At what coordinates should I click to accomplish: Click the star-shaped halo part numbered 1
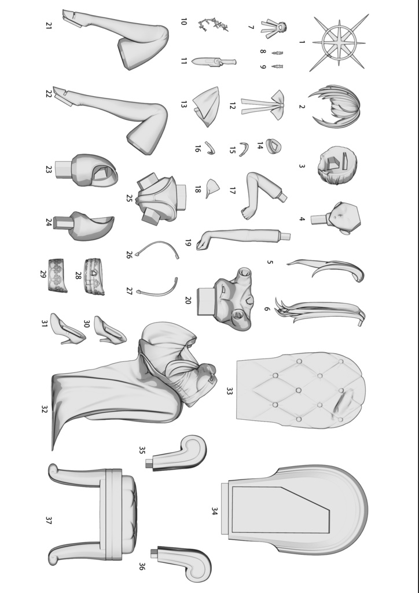click(x=339, y=43)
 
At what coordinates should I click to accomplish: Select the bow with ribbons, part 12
click(x=264, y=105)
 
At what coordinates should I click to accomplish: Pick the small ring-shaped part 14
click(x=274, y=146)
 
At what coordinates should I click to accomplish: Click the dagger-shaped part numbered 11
click(x=214, y=61)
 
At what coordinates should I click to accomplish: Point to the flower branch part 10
click(x=214, y=24)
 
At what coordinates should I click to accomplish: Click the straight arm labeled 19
click(x=243, y=238)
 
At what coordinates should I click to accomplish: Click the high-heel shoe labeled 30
click(x=110, y=330)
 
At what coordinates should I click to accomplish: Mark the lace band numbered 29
click(x=57, y=275)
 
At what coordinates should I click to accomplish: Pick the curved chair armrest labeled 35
click(x=178, y=453)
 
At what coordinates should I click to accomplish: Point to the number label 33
click(x=229, y=391)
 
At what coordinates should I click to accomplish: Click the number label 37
click(x=49, y=521)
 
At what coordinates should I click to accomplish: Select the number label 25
click(x=129, y=198)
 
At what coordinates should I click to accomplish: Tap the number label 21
click(x=48, y=25)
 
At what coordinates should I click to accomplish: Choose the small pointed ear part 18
click(x=212, y=188)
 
